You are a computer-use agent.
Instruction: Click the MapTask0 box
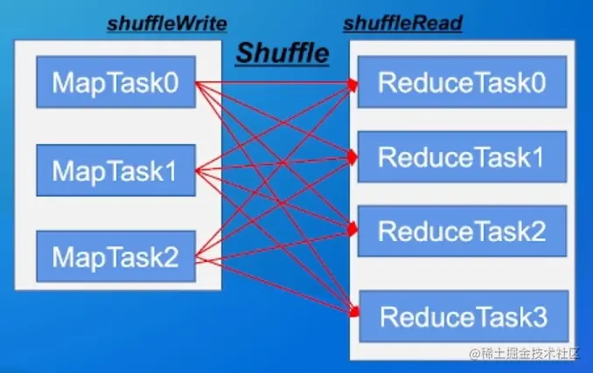[x=115, y=83]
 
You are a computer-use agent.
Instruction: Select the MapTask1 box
[x=115, y=170]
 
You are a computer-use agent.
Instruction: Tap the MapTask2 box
[x=115, y=257]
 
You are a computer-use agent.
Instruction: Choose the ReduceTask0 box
[x=462, y=83]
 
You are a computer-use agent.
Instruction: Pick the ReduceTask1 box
[x=462, y=157]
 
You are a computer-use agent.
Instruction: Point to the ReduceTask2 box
[x=462, y=231]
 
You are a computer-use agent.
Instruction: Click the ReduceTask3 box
[x=462, y=314]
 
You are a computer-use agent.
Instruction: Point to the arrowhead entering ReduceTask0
[x=354, y=84]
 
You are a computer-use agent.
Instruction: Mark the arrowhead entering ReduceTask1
[x=354, y=158]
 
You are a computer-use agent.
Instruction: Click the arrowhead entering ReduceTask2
[x=354, y=230]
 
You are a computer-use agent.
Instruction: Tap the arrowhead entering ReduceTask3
[x=354, y=312]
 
